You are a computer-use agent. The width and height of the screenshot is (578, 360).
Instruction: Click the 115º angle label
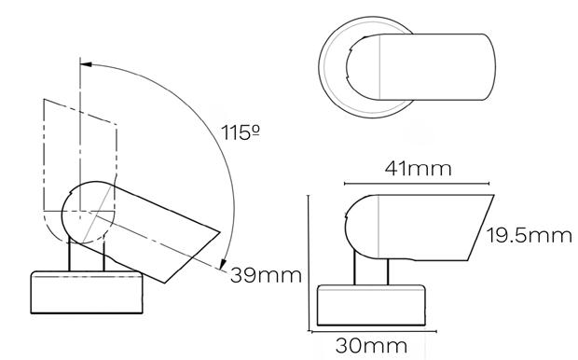[x=241, y=132]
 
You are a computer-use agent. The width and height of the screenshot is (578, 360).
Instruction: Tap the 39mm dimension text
[x=266, y=275]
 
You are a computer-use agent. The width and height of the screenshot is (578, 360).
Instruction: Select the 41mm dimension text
[x=418, y=169]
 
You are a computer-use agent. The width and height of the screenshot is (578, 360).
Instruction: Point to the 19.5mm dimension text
[x=530, y=235]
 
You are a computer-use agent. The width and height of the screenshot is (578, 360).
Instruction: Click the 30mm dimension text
[x=371, y=346]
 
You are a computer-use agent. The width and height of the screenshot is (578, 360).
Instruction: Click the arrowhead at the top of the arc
[x=86, y=64]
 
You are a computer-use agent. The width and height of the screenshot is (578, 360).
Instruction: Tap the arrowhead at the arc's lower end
[x=223, y=264]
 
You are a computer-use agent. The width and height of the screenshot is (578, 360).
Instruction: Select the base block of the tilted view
[x=87, y=293]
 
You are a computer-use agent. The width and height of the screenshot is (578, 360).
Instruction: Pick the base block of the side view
[x=371, y=305]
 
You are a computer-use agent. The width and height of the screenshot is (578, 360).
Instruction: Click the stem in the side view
[x=371, y=271]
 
